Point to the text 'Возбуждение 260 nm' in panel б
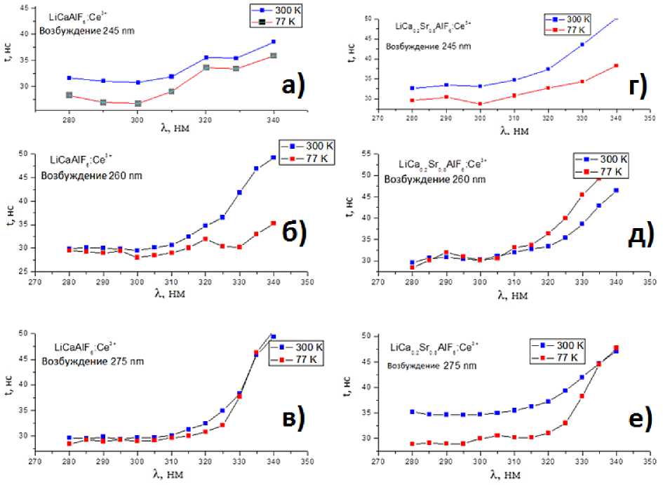tap(91, 175)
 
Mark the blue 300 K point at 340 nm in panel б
tap(274, 157)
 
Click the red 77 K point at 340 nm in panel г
tap(616, 66)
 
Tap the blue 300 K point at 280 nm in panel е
tap(413, 412)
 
